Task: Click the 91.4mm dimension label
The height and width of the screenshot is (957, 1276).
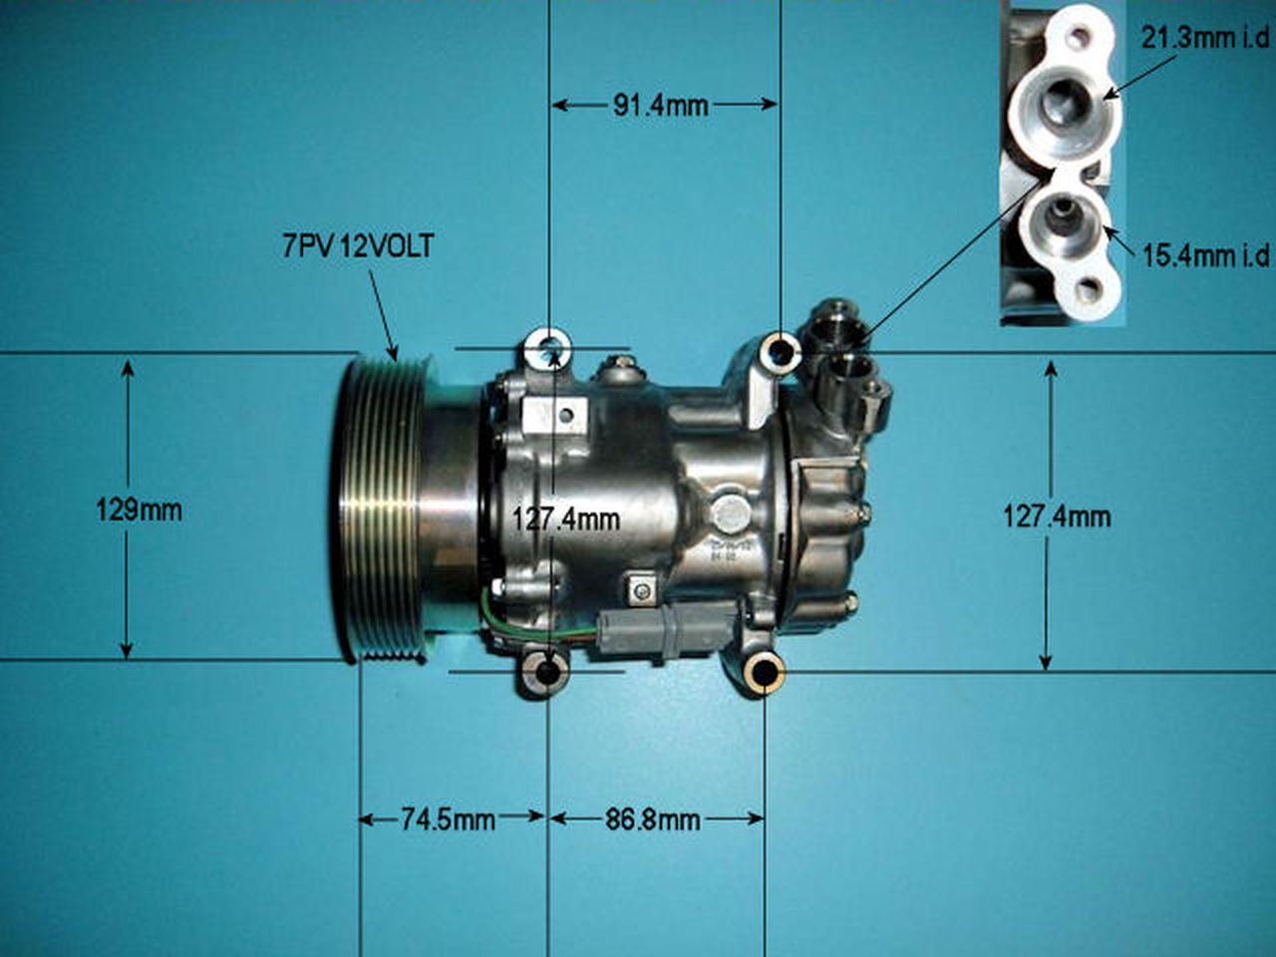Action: point(660,105)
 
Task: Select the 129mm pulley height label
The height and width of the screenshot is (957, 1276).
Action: point(139,510)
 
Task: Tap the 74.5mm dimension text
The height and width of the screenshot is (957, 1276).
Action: point(448,819)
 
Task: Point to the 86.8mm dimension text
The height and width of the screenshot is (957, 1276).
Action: point(653,819)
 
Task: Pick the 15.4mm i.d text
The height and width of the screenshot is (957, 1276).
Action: point(1205,256)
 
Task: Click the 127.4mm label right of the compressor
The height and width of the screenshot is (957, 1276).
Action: point(1057,516)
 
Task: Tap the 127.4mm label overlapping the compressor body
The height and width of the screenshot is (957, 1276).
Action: point(565,518)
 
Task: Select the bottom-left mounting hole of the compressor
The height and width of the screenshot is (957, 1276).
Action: point(547,673)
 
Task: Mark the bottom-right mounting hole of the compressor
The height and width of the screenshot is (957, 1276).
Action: point(765,675)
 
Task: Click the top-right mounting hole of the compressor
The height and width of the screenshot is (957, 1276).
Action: point(779,352)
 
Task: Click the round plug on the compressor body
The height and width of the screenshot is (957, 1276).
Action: point(730,514)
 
